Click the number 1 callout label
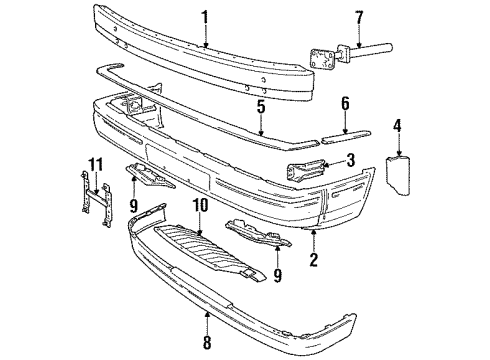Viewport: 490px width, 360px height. click(204, 16)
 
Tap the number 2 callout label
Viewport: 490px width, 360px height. click(314, 262)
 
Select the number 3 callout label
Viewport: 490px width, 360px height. click(351, 159)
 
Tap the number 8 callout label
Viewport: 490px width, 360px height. click(207, 343)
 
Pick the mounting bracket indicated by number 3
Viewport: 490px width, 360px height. click(310, 171)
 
